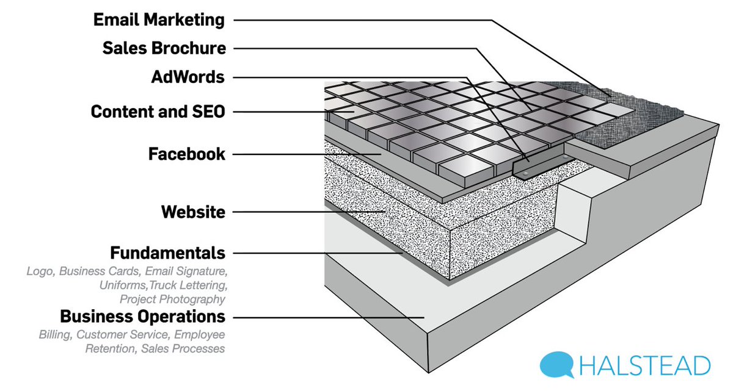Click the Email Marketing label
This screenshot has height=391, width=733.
pos(159,20)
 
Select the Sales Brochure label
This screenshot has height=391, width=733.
pos(164,48)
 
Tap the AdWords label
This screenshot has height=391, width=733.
pos(188,77)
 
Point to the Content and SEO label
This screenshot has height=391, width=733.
pos(158,112)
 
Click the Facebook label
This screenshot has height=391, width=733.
pos(186,154)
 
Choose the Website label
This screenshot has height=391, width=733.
pos(193,212)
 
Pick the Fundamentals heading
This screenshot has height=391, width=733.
pos(167,252)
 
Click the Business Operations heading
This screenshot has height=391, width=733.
pos(142,317)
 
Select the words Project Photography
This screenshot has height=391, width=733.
pos(172,299)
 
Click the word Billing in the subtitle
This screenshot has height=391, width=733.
pos(54,335)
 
